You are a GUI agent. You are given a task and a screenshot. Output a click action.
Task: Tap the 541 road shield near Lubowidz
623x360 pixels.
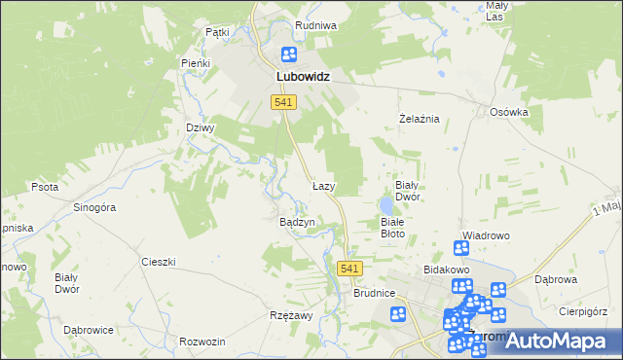click(284, 102)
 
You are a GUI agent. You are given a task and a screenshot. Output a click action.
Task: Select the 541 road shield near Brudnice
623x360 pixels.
click(350, 269)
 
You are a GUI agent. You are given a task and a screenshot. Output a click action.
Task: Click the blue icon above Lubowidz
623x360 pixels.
click(289, 55)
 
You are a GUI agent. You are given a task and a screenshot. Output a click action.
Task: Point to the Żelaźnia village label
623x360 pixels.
click(421, 119)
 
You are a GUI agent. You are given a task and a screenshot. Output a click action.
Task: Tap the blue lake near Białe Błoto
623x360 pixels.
click(386, 206)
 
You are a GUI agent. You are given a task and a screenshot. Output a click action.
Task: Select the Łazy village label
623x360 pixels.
click(323, 185)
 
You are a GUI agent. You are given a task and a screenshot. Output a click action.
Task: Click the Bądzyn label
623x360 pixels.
click(297, 222)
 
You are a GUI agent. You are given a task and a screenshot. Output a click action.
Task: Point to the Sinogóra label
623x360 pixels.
click(95, 207)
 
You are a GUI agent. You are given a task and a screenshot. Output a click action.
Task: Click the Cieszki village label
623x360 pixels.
click(158, 262)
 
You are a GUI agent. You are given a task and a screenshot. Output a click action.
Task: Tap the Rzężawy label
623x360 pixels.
click(290, 316)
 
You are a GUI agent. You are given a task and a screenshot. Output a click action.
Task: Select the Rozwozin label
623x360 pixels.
click(202, 342)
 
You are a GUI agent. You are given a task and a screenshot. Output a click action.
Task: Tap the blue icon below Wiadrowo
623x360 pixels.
click(461, 249)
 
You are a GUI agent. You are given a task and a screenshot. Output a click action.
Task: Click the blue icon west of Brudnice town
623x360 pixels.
click(398, 314)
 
